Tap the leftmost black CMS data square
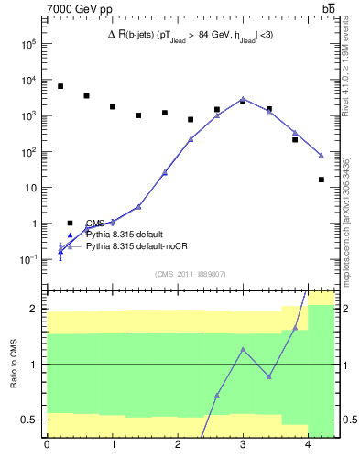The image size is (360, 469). [x=60, y=86]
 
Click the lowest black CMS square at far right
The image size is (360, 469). [x=321, y=180]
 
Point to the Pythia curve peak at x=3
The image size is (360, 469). [x=243, y=98]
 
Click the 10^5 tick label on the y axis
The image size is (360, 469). [x=27, y=44]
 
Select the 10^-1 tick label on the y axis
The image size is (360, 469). [x=27, y=259]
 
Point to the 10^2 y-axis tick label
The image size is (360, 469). [x=27, y=152]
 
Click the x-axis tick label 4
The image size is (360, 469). [x=308, y=446]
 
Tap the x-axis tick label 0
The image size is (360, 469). [x=47, y=446]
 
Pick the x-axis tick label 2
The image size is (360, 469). [x=178, y=446]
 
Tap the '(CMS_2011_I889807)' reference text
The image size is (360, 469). [x=190, y=274]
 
